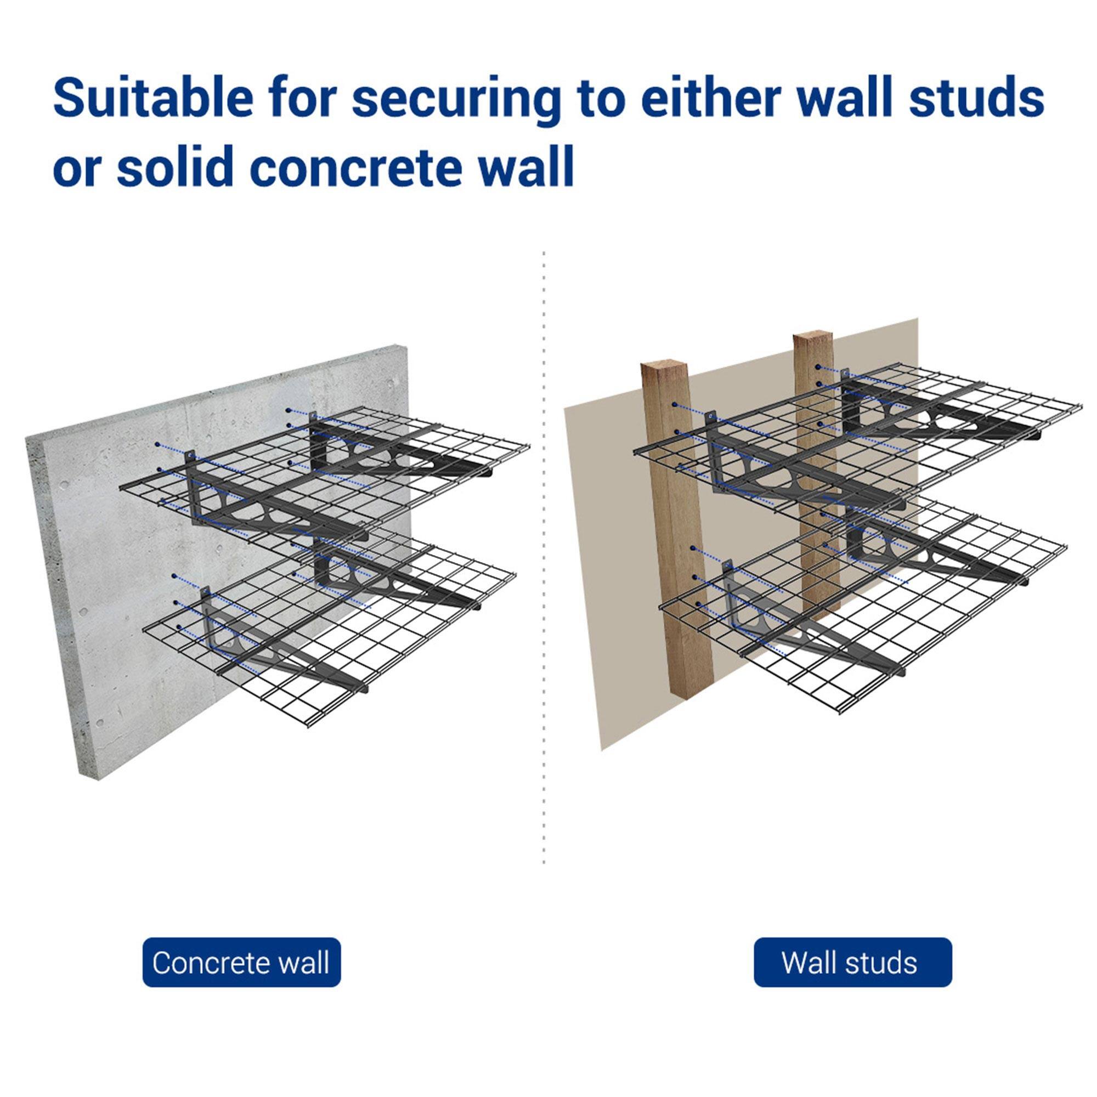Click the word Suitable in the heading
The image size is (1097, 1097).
coord(152,98)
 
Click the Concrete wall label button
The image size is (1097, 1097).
coord(241,963)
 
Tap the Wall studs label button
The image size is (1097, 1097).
coord(852,963)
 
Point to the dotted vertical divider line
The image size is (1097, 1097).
coord(544,568)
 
